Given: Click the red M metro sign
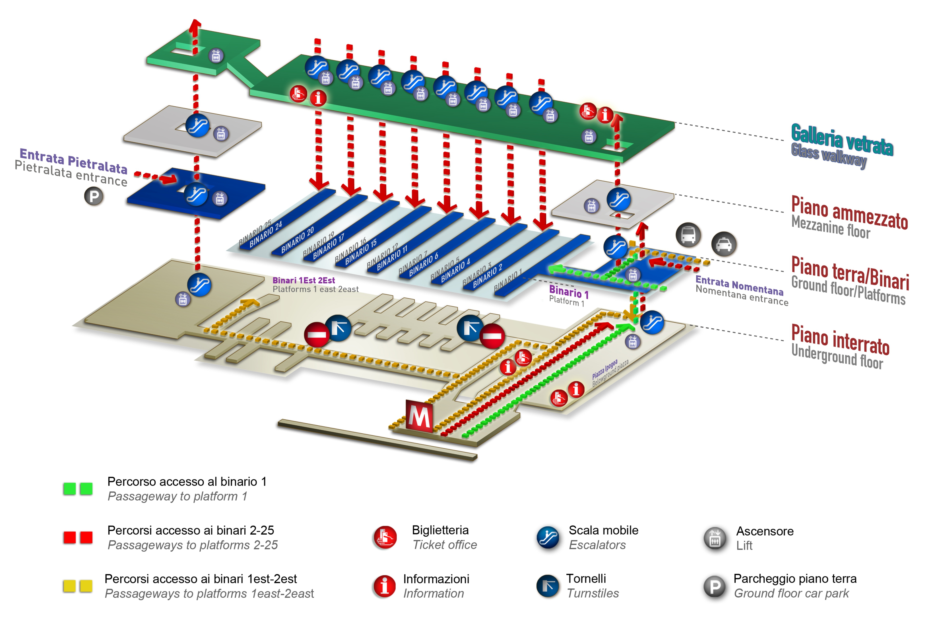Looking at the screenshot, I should coord(419,415).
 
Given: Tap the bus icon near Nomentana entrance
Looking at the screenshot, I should coord(688,235).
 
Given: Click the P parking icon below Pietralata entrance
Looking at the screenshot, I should coord(94,196).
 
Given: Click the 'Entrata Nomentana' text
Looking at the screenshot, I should coord(739,285).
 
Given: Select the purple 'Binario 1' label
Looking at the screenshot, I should coord(569,292).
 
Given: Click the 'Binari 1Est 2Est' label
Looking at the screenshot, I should coord(304,280).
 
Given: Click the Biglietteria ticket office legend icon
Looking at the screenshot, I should coord(384,537).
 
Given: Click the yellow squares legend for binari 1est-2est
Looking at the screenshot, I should coord(78,586).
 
